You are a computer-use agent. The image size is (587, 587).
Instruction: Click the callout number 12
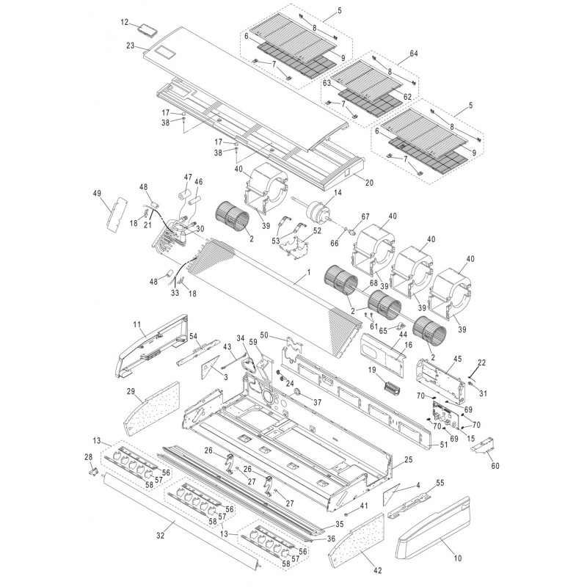click(x=125, y=23)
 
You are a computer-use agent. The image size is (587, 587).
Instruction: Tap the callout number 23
click(x=130, y=45)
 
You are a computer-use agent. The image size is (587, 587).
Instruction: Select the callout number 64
click(x=413, y=54)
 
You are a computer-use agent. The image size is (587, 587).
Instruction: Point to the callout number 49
click(x=96, y=193)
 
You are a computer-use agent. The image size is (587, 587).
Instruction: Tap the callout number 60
click(x=495, y=464)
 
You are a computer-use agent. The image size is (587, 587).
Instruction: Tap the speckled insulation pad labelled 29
click(x=150, y=411)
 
